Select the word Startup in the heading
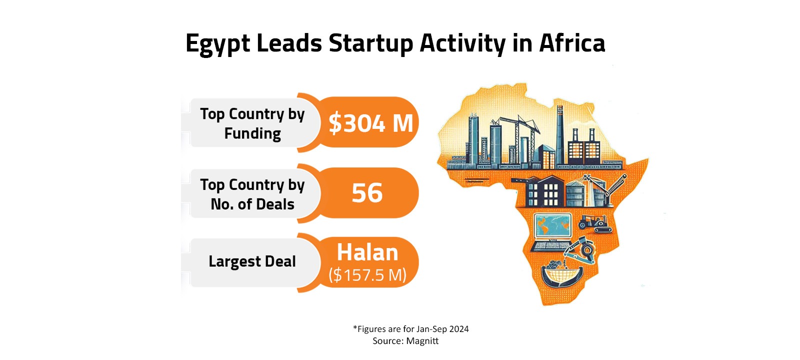pyautogui.click(x=370, y=43)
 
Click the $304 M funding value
pyautogui.click(x=370, y=123)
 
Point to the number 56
pyautogui.click(x=367, y=193)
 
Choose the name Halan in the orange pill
pyautogui.click(x=367, y=253)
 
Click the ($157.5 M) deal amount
pyautogui.click(x=367, y=275)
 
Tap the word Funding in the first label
pyautogui.click(x=252, y=133)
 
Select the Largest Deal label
pyautogui.click(x=252, y=261)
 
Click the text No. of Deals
pyautogui.click(x=252, y=204)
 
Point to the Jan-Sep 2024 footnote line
pyautogui.click(x=411, y=329)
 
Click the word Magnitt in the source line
pyautogui.click(x=422, y=341)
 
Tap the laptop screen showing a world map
pyautogui.click(x=552, y=226)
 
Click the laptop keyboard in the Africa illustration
pyautogui.click(x=550, y=245)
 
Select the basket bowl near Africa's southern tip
pyautogui.click(x=562, y=275)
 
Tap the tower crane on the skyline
pyautogui.click(x=520, y=125)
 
